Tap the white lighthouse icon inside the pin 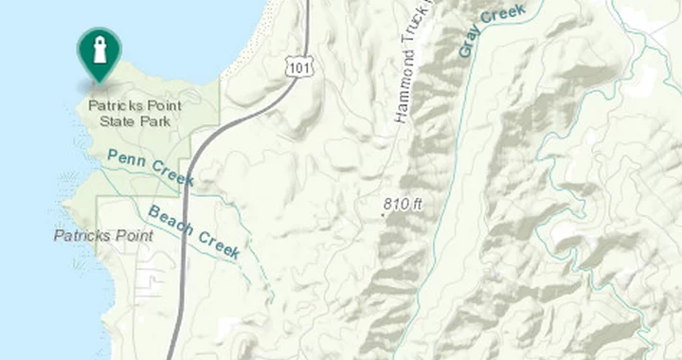coord(99,48)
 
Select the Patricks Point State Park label coord(135,112)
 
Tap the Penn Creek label coord(151,168)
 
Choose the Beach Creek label coord(194,233)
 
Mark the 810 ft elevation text coord(403,204)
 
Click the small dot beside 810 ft coord(383,214)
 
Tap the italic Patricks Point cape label coord(103,235)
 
